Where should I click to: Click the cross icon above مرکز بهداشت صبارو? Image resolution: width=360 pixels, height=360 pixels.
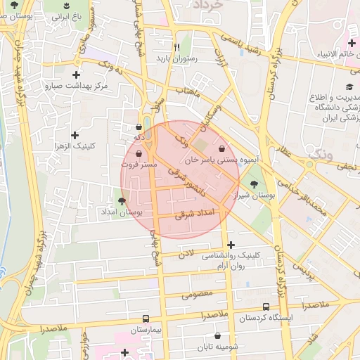coord(76,75)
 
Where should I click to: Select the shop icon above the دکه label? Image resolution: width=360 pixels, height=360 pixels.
coord(139,128)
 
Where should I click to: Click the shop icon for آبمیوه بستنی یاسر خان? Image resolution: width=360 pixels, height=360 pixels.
coord(223,148)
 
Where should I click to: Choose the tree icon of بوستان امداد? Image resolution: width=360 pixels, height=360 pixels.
coord(122,201)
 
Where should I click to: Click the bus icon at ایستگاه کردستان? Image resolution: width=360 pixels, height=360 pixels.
coord(266,307)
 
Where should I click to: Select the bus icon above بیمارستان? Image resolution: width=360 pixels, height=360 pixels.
coord(146,319)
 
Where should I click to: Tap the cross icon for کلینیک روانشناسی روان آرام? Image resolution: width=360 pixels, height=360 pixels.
coord(231,244)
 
